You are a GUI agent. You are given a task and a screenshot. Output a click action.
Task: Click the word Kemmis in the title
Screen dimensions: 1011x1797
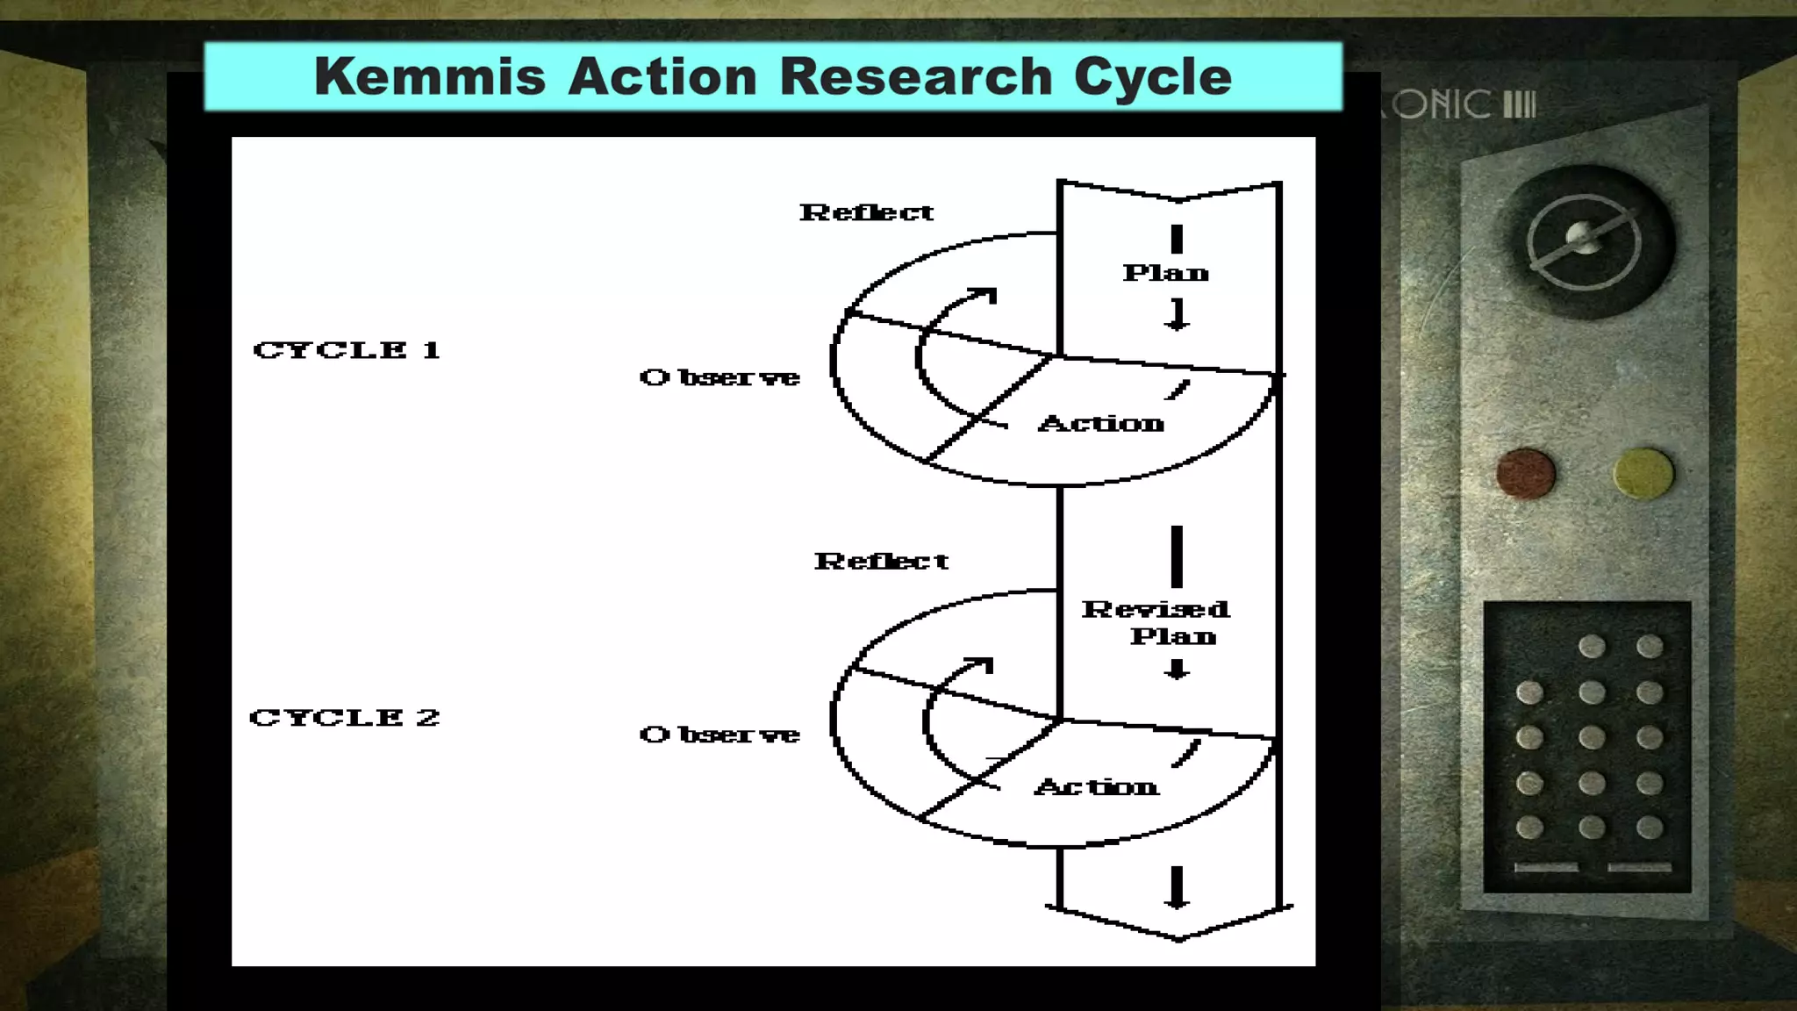pos(430,76)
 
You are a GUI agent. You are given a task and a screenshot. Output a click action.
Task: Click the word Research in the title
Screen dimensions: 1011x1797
pos(915,76)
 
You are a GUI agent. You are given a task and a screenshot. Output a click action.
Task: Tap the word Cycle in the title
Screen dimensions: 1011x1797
pos(1153,76)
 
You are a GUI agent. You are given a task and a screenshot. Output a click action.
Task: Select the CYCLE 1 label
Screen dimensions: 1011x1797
pos(347,350)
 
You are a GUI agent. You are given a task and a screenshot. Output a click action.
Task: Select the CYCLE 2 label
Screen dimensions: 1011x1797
pos(345,718)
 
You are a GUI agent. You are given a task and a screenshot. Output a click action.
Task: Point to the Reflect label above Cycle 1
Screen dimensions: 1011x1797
pos(866,212)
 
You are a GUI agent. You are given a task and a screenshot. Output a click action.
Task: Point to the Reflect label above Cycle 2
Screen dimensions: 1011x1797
pos(881,562)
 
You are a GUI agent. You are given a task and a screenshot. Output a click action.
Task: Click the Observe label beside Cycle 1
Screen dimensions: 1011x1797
pos(720,377)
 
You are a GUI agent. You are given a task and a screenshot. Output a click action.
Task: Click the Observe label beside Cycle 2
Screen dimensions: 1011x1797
pos(720,735)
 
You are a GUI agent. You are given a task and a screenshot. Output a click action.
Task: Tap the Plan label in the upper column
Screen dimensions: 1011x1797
pos(1165,273)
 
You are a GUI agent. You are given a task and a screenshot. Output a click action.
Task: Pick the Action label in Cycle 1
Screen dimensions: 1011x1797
pos(1101,424)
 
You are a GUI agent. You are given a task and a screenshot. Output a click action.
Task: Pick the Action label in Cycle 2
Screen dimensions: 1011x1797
pos(1097,786)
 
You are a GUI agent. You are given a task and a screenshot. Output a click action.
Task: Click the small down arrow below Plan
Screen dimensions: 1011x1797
pos(1177,315)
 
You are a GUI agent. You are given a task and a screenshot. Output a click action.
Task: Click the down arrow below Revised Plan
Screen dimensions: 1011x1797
pos(1177,670)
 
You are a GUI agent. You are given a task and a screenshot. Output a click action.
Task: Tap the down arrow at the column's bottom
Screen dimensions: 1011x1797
pos(1177,888)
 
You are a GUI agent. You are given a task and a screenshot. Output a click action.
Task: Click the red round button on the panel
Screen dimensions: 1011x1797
pos(1526,473)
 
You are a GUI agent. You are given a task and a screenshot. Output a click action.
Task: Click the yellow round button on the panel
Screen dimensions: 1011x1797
pos(1643,473)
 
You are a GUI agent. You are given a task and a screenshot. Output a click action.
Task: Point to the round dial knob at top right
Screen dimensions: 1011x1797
pos(1584,240)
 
